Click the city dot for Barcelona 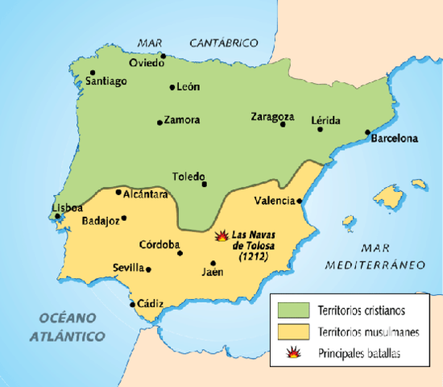367,132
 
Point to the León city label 188,87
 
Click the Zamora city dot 159,123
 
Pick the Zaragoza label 272,116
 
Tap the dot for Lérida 320,129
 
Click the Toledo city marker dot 205,184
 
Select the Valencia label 275,200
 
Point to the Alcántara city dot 118,192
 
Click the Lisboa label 68,207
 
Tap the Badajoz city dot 123,218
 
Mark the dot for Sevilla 149,269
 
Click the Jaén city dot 213,263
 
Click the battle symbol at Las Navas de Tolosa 221,236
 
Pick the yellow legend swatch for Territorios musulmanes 292,331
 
